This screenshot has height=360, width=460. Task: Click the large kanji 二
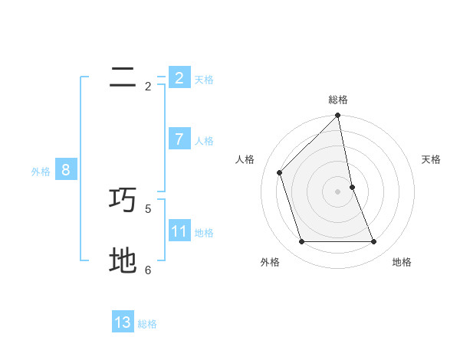(x=123, y=77)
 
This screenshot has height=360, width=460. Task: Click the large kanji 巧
(x=123, y=200)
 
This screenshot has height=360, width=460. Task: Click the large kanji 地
(x=123, y=260)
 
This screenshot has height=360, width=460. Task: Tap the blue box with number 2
(x=179, y=77)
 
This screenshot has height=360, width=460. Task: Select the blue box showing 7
(x=179, y=139)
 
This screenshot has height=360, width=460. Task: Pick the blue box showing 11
(x=179, y=231)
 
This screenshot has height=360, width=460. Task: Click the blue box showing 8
(x=66, y=170)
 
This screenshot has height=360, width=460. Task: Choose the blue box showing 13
(x=123, y=322)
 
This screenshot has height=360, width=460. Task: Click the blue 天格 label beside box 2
(x=204, y=80)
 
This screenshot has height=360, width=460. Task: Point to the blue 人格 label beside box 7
(x=204, y=141)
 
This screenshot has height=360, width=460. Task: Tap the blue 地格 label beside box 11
(x=204, y=233)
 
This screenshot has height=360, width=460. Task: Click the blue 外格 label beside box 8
(x=41, y=172)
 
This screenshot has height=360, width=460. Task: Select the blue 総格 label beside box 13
(x=147, y=324)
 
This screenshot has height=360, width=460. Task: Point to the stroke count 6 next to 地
(x=148, y=270)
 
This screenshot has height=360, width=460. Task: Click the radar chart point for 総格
(x=337, y=116)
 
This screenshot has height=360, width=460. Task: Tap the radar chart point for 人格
(x=280, y=172)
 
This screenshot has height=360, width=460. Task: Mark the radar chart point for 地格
(x=373, y=241)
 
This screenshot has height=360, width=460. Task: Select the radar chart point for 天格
(x=352, y=187)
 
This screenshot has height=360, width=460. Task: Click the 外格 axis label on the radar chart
(x=270, y=262)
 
